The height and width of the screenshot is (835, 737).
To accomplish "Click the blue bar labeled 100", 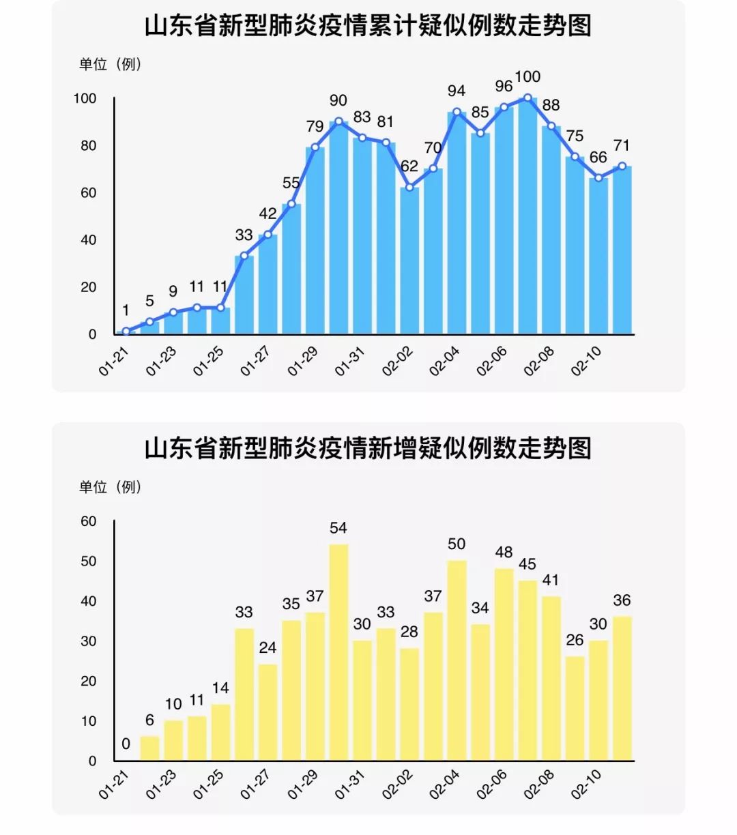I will coord(528,218).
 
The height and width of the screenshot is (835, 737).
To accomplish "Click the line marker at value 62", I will coord(409,188).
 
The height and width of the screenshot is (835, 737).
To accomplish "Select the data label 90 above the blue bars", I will coord(338,100).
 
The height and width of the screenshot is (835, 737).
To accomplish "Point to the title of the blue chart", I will coord(368,26).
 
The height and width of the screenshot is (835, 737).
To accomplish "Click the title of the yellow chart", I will coord(368,449).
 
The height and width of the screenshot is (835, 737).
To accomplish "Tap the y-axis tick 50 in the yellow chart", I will coord(89,561).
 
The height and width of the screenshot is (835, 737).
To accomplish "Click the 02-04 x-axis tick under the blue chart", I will coord(445,361).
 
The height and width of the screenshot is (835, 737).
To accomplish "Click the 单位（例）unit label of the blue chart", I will coord(110,65).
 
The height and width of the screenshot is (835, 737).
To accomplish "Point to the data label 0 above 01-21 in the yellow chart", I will coord(126,744).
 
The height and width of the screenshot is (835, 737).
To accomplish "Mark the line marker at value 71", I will coord(622,166).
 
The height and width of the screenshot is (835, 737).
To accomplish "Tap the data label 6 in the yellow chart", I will coord(149,720).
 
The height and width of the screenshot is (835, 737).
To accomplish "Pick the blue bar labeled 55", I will coord(291,269).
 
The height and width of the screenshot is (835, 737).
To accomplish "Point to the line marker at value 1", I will coord(126,332).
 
